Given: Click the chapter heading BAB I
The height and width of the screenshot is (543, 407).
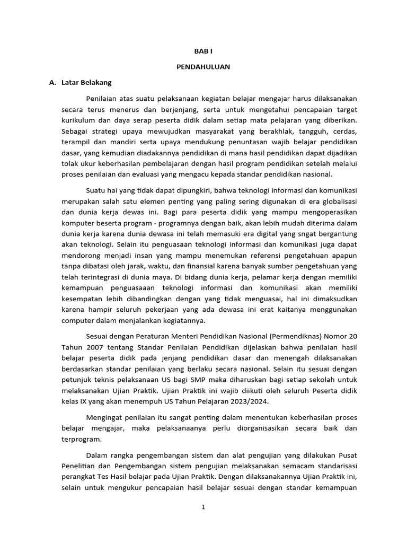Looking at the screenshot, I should click(203, 51).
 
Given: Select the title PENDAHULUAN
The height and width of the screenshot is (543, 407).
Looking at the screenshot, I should click(203, 67).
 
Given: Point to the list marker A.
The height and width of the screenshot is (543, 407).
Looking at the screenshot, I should click(52, 83).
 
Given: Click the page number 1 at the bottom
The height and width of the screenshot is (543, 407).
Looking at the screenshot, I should click(203, 507).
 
